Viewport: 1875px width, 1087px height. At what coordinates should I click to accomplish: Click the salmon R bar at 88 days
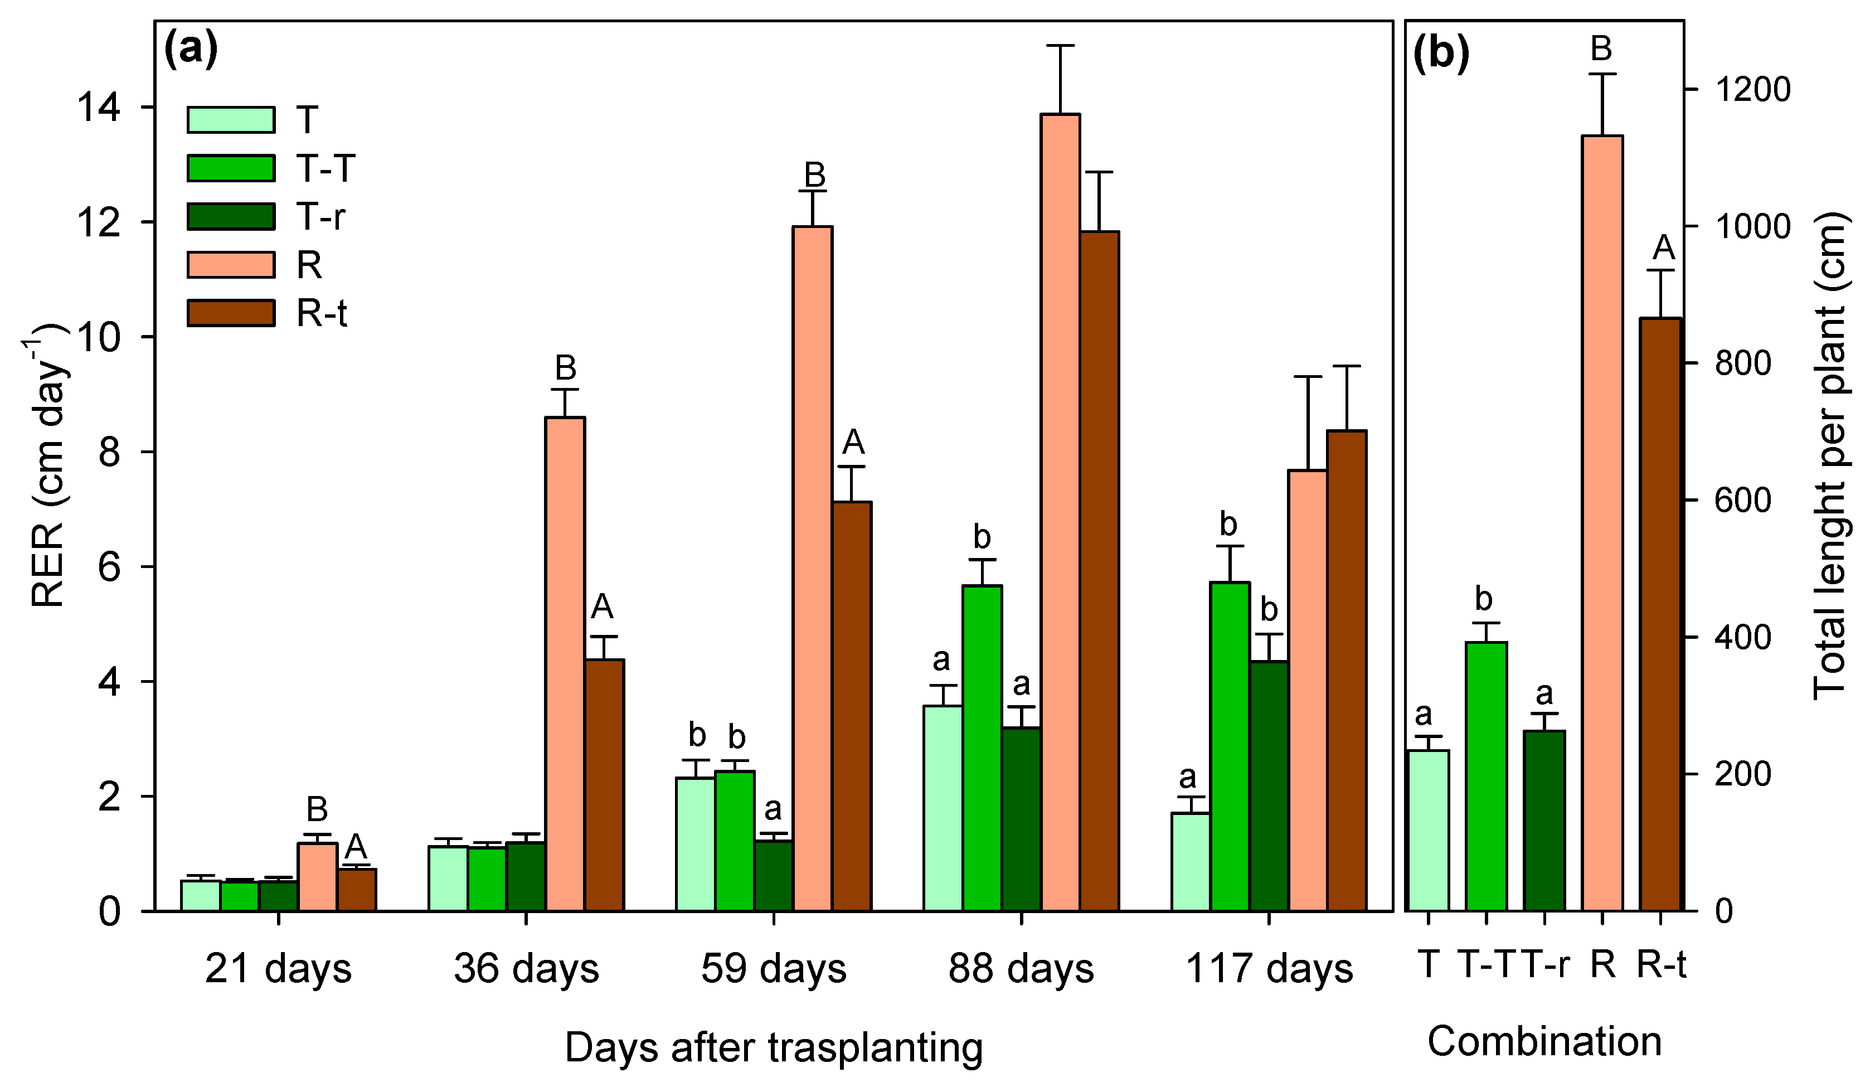tap(1060, 513)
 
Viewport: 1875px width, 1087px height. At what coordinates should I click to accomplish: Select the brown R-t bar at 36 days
tap(604, 785)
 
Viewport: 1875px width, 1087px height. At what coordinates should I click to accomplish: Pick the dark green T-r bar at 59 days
tap(774, 875)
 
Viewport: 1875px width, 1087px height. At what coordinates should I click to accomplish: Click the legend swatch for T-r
tap(231, 216)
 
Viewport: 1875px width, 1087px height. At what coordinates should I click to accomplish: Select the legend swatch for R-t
tap(231, 313)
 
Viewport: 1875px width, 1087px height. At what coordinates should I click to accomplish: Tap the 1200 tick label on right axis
tap(1753, 90)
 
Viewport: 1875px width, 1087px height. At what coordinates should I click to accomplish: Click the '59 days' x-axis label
tap(774, 969)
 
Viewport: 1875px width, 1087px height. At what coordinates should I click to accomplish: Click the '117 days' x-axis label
tap(1269, 969)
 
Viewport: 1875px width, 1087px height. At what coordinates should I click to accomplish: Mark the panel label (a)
tap(191, 50)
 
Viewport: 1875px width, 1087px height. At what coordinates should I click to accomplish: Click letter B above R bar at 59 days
tap(815, 176)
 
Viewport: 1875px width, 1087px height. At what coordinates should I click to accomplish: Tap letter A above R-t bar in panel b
tap(1664, 247)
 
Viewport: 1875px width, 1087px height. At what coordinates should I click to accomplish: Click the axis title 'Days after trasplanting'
tap(774, 1047)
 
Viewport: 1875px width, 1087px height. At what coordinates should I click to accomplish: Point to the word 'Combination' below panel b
tap(1544, 1042)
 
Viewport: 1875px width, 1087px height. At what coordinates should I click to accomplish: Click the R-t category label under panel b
tap(1662, 965)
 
